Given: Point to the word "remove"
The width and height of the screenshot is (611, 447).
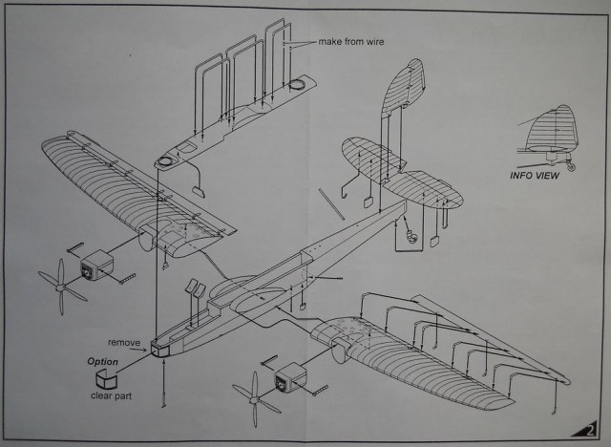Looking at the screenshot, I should pos(123,342).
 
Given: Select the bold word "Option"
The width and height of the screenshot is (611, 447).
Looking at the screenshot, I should pos(103,362).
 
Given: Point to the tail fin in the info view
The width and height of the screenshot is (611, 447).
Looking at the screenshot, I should pos(556,128).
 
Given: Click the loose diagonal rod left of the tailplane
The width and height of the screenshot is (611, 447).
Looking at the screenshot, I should pos(331,203).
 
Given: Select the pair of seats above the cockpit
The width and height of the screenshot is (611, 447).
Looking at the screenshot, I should pos(193,289).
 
